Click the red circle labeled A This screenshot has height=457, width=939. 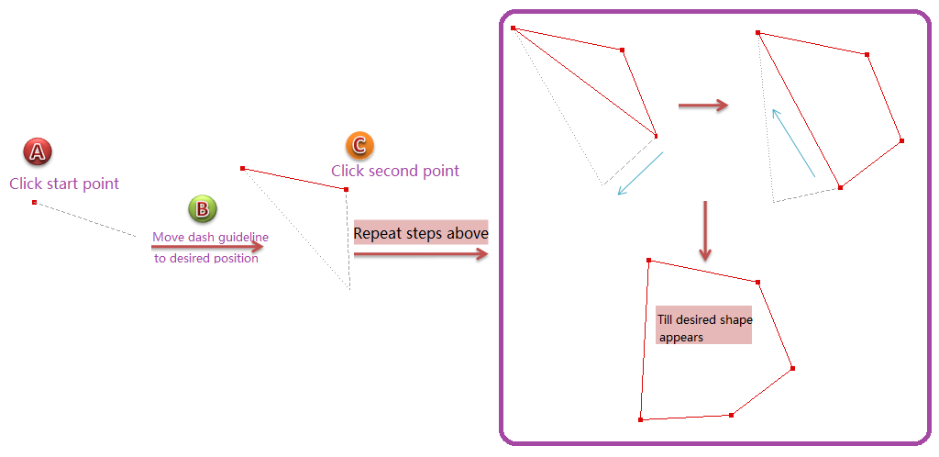[38, 151]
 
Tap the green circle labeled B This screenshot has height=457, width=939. [203, 209]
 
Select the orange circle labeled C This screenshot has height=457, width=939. [359, 145]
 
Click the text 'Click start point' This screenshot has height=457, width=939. [64, 184]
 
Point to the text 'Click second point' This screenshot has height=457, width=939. [395, 171]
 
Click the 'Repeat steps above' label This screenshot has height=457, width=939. [421, 233]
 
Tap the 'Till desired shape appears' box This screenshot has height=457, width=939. [703, 325]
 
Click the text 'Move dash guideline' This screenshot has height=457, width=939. [210, 238]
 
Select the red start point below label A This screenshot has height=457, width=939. [34, 202]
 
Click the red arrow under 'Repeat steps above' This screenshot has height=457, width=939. [421, 254]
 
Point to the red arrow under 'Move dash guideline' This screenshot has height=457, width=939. [207, 246]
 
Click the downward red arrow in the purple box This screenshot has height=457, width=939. [704, 230]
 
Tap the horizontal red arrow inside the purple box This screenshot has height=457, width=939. [702, 106]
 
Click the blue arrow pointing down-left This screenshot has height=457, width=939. [640, 173]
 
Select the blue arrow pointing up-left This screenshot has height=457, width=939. [793, 142]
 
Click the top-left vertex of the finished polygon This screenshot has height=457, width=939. [648, 261]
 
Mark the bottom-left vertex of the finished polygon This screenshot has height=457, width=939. [640, 419]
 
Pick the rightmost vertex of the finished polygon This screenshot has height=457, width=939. [792, 369]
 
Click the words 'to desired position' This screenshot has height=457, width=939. [206, 258]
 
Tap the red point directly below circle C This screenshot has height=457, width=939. [346, 189]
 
